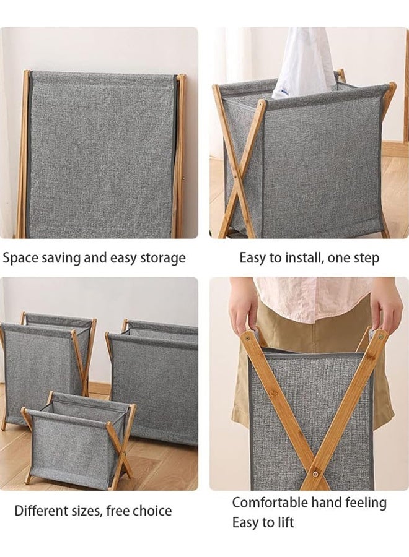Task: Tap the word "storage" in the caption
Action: click(x=161, y=258)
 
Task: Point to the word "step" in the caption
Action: click(x=365, y=258)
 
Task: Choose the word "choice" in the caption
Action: click(x=152, y=511)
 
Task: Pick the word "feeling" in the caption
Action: click(x=363, y=503)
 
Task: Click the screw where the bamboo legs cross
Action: click(x=316, y=473)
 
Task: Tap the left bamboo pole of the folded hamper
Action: click(x=23, y=155)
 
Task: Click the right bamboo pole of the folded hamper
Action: click(x=180, y=155)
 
